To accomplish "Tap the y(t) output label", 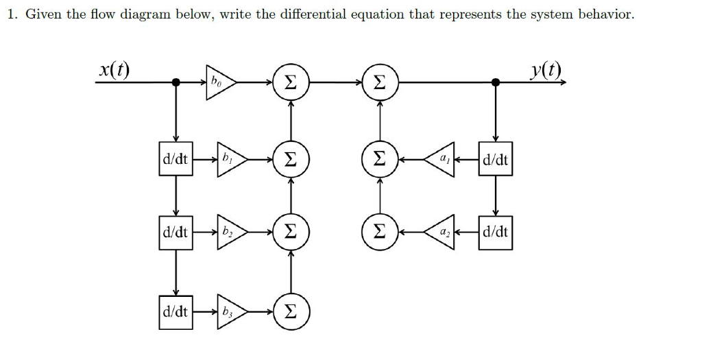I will click(546, 69).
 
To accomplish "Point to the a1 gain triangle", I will click(443, 160).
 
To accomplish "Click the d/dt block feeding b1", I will click(175, 160).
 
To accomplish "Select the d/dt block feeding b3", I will click(175, 312).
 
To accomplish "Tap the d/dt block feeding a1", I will click(496, 160).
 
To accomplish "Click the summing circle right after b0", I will click(291, 83).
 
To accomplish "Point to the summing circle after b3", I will click(291, 312).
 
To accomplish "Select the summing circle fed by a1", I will click(378, 160).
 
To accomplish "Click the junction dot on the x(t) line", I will click(176, 82).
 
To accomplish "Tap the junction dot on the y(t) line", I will click(496, 82).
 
